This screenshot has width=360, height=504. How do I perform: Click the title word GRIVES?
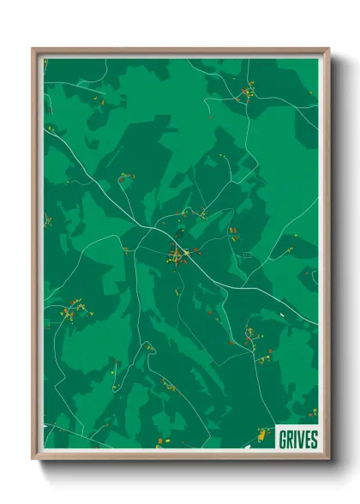pyautogui.click(x=298, y=440)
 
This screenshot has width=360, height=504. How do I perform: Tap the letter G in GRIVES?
pyautogui.click(x=283, y=440)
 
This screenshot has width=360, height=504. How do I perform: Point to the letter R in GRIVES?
pyautogui.click(x=290, y=440)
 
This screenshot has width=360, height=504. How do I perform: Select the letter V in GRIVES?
pyautogui.click(x=300, y=440)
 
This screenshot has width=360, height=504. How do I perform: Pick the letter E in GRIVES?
pyautogui.click(x=307, y=440)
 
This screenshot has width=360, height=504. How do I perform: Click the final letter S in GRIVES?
pyautogui.click(x=314, y=440)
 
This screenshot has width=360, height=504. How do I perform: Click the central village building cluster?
pyautogui.click(x=179, y=254)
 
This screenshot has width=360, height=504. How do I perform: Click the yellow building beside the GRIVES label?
pyautogui.click(x=260, y=438)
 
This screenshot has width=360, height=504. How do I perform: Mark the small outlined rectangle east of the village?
pyautogui.click(x=246, y=255)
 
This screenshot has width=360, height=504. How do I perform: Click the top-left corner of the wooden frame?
pyautogui.click(x=33, y=50)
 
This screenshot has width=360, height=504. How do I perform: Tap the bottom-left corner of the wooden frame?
pyautogui.click(x=33, y=459)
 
